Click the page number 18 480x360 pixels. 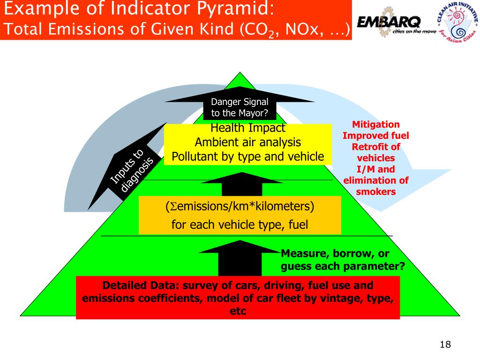445,345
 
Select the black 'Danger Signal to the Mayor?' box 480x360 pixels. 240,107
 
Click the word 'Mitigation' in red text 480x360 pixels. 376,124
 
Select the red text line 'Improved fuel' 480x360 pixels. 376,135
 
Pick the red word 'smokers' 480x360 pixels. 376,191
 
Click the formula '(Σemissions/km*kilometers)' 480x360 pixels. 240,206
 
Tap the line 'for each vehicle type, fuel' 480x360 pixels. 240,225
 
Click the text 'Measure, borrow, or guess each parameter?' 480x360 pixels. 342,260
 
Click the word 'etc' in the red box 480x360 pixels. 238,311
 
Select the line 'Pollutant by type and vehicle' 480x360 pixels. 247,157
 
